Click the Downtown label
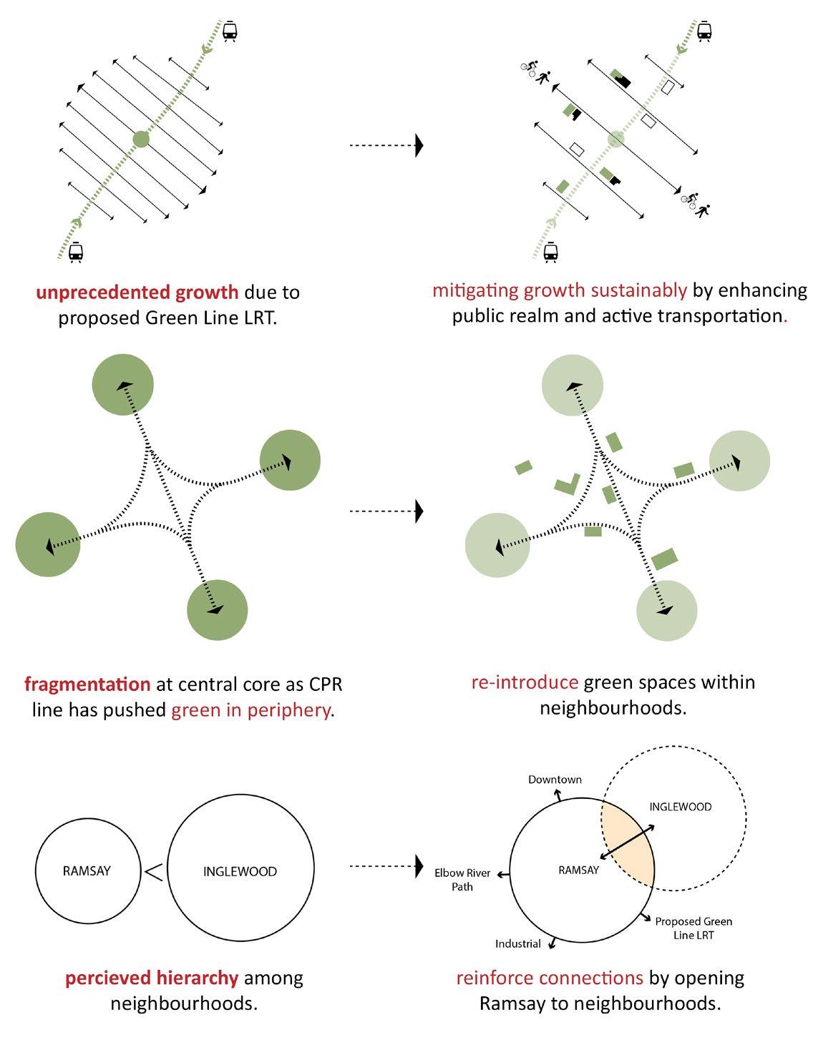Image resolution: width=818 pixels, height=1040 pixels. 555,780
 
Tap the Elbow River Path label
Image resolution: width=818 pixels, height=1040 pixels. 462,880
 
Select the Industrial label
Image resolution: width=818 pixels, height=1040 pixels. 517,944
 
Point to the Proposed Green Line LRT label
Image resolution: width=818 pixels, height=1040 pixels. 693,928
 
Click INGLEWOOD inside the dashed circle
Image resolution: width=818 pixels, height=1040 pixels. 681,807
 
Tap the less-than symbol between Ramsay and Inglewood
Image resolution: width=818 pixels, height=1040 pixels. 153,871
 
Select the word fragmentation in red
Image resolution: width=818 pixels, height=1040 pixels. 87,685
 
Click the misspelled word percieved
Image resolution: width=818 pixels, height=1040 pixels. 107,978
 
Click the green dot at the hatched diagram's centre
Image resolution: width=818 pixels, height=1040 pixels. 141,139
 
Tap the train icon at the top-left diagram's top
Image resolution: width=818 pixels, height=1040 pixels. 230,31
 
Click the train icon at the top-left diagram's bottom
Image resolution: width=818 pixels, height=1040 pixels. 75,252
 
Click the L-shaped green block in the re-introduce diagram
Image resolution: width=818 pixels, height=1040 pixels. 568,484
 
